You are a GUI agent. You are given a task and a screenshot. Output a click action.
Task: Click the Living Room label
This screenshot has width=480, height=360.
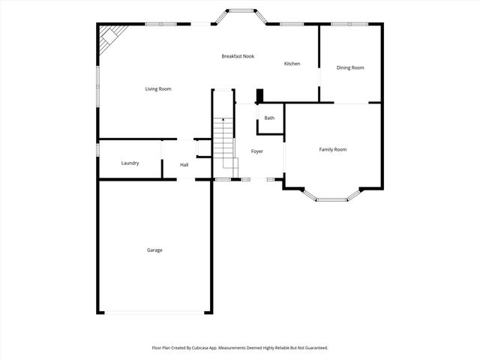tap(158, 89)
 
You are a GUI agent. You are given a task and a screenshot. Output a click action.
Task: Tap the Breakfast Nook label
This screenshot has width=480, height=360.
tap(238, 56)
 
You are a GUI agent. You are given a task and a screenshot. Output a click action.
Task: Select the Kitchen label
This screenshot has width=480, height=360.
tap(292, 64)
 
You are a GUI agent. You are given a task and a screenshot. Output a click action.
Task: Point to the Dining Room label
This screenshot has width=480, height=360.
tap(350, 68)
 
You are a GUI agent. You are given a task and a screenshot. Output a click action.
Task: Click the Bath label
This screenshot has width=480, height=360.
tap(269, 118)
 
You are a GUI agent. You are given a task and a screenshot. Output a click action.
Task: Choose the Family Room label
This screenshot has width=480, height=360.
tap(333, 150)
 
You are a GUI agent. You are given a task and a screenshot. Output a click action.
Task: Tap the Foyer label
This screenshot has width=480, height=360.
tap(256, 151)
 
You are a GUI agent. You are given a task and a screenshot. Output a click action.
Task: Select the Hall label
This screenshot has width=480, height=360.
tap(184, 165)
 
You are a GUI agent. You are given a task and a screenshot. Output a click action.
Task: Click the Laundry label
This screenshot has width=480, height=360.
tap(130, 163)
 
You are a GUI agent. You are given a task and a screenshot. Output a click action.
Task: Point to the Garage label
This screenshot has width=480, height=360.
tap(154, 250)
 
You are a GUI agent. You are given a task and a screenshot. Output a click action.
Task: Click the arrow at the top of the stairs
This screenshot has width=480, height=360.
tap(223, 118)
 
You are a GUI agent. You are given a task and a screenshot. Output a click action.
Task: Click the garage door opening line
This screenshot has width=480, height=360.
tap(155, 313)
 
